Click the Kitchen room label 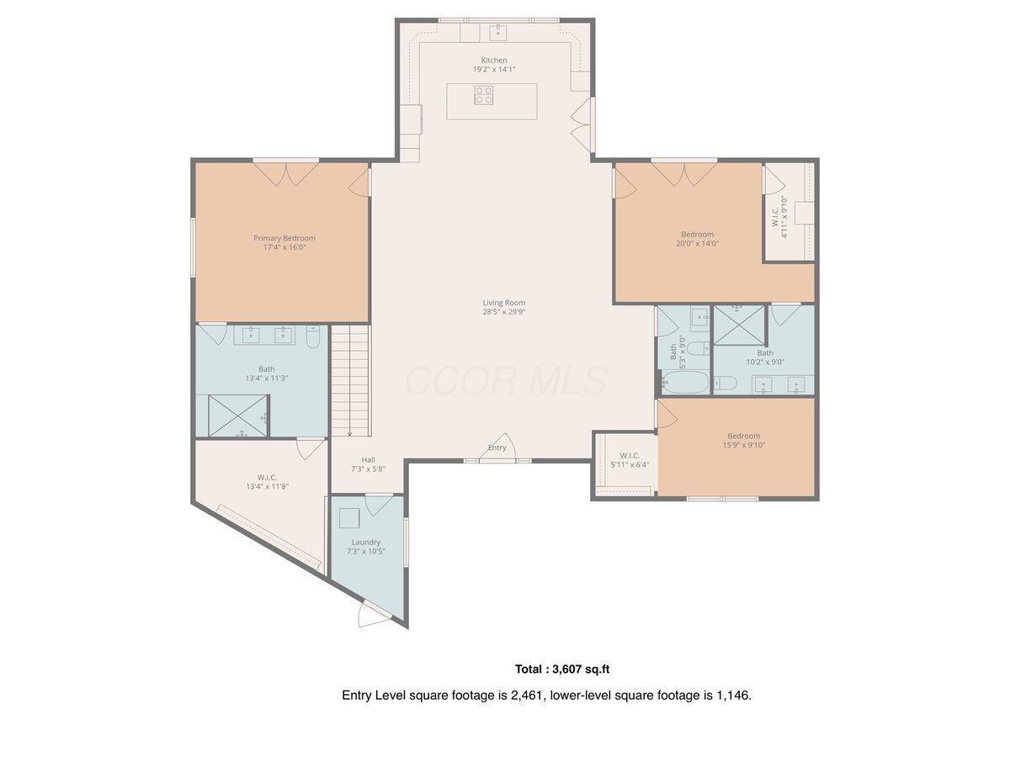[x=494, y=60]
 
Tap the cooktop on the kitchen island [x=483, y=95]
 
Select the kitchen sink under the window [x=497, y=32]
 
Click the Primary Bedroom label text [x=284, y=238]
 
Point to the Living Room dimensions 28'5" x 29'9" [x=504, y=311]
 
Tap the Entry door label [x=497, y=447]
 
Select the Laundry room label [x=366, y=542]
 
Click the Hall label [x=368, y=459]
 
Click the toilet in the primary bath [x=313, y=336]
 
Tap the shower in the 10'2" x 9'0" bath [x=739, y=325]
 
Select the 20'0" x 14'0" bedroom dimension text [x=697, y=244]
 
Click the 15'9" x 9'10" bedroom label [x=743, y=436]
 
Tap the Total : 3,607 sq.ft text [x=561, y=670]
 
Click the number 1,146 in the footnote [x=731, y=696]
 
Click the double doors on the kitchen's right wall [x=582, y=125]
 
